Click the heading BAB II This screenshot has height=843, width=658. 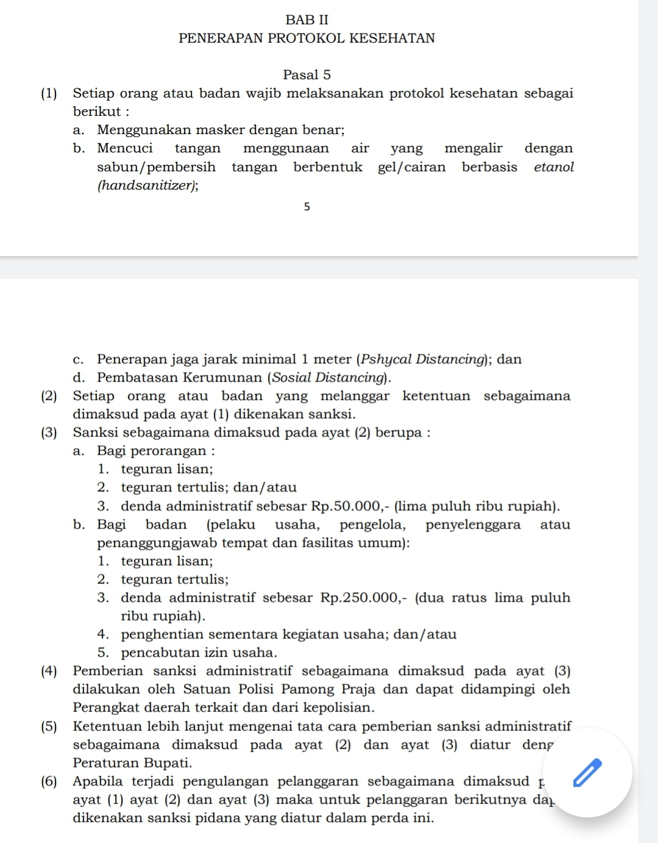pos(307,20)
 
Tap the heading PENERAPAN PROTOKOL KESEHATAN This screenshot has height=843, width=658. pos(307,38)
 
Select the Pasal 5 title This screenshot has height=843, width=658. pos(307,75)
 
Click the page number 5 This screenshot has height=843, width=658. pos(307,207)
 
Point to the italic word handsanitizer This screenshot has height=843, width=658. pos(147,185)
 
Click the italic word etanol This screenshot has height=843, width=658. pos(554,167)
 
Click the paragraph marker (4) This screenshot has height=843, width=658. pos(49,671)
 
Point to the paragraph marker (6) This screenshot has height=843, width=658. pos(49,781)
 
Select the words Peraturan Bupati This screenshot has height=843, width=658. pos(132,763)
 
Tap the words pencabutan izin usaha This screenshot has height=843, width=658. pos(199,652)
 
